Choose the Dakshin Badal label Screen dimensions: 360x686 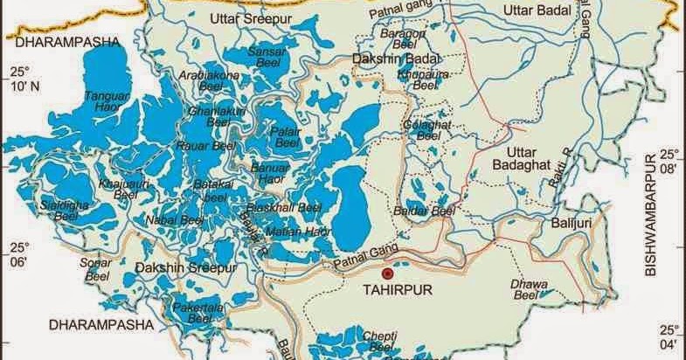393,58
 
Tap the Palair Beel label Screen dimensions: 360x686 286,136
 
